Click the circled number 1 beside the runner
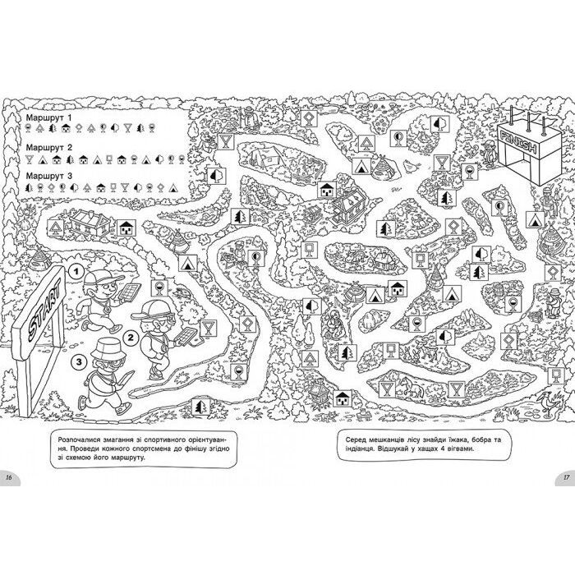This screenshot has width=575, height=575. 76,269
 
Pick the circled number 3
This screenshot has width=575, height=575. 78,361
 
